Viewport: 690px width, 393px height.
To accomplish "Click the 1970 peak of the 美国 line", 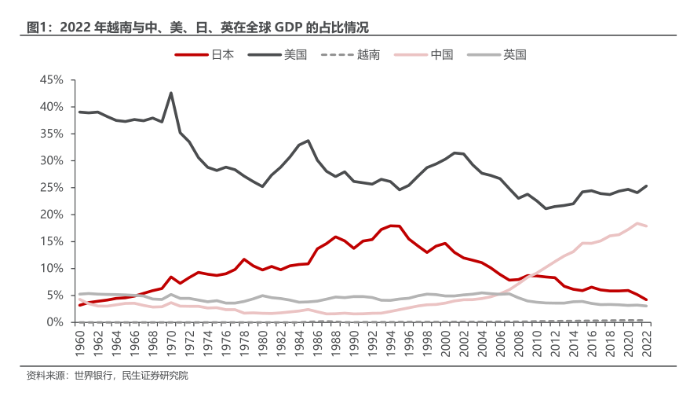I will pyautogui.click(x=171, y=93).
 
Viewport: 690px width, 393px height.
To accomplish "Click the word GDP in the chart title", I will pyautogui.click(x=287, y=28).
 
